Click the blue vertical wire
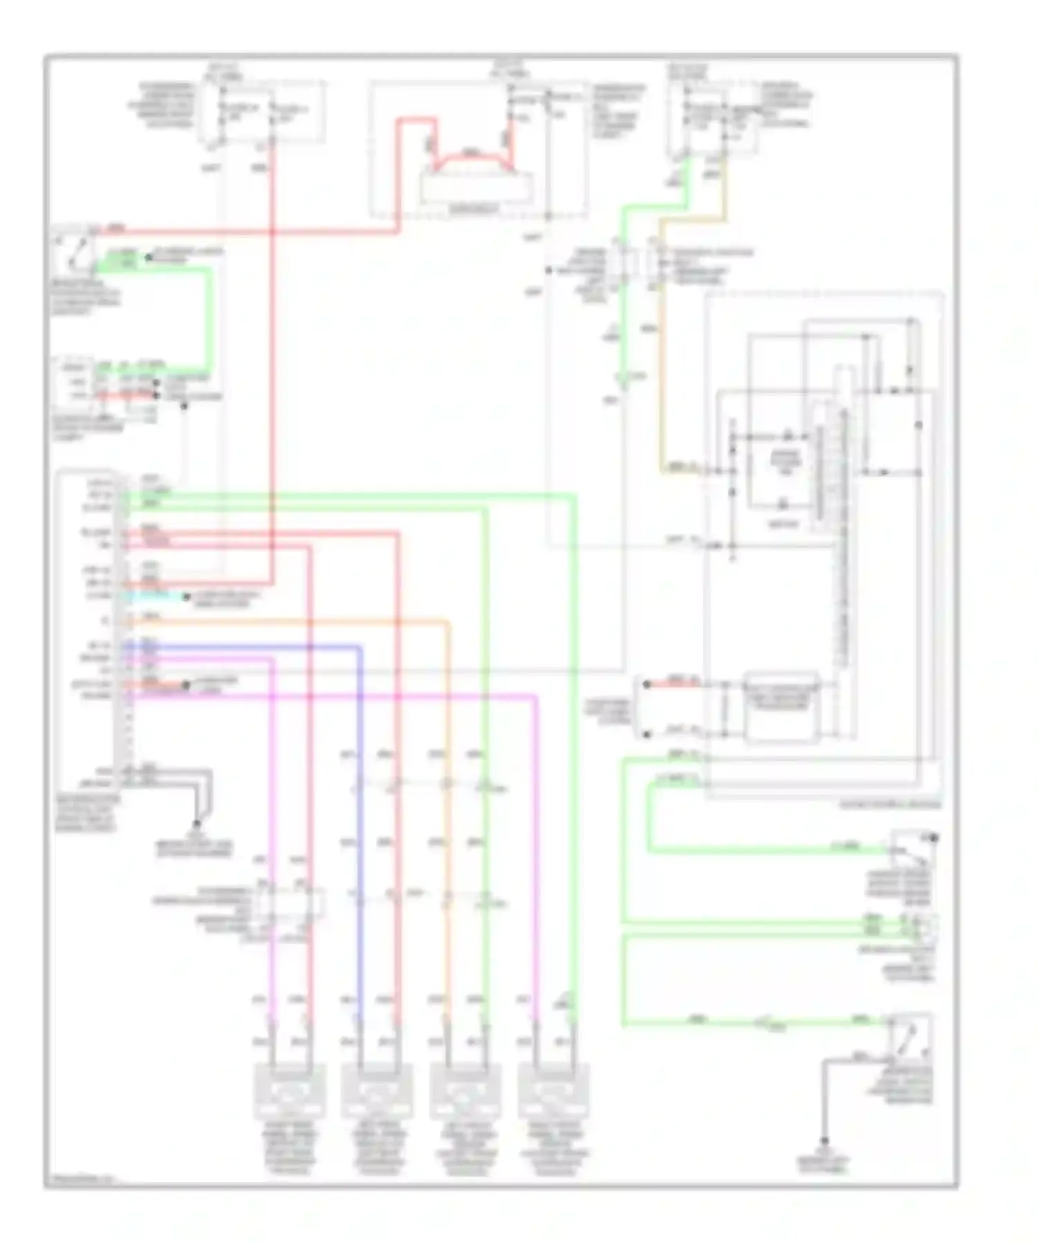pos(360,831)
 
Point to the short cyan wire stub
pos(156,596)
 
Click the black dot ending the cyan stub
pos(185,597)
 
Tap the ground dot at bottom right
pos(824,1141)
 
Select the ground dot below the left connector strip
pos(197,824)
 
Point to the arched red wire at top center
pos(471,158)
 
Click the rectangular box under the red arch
pos(477,188)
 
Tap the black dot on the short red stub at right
pos(646,684)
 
